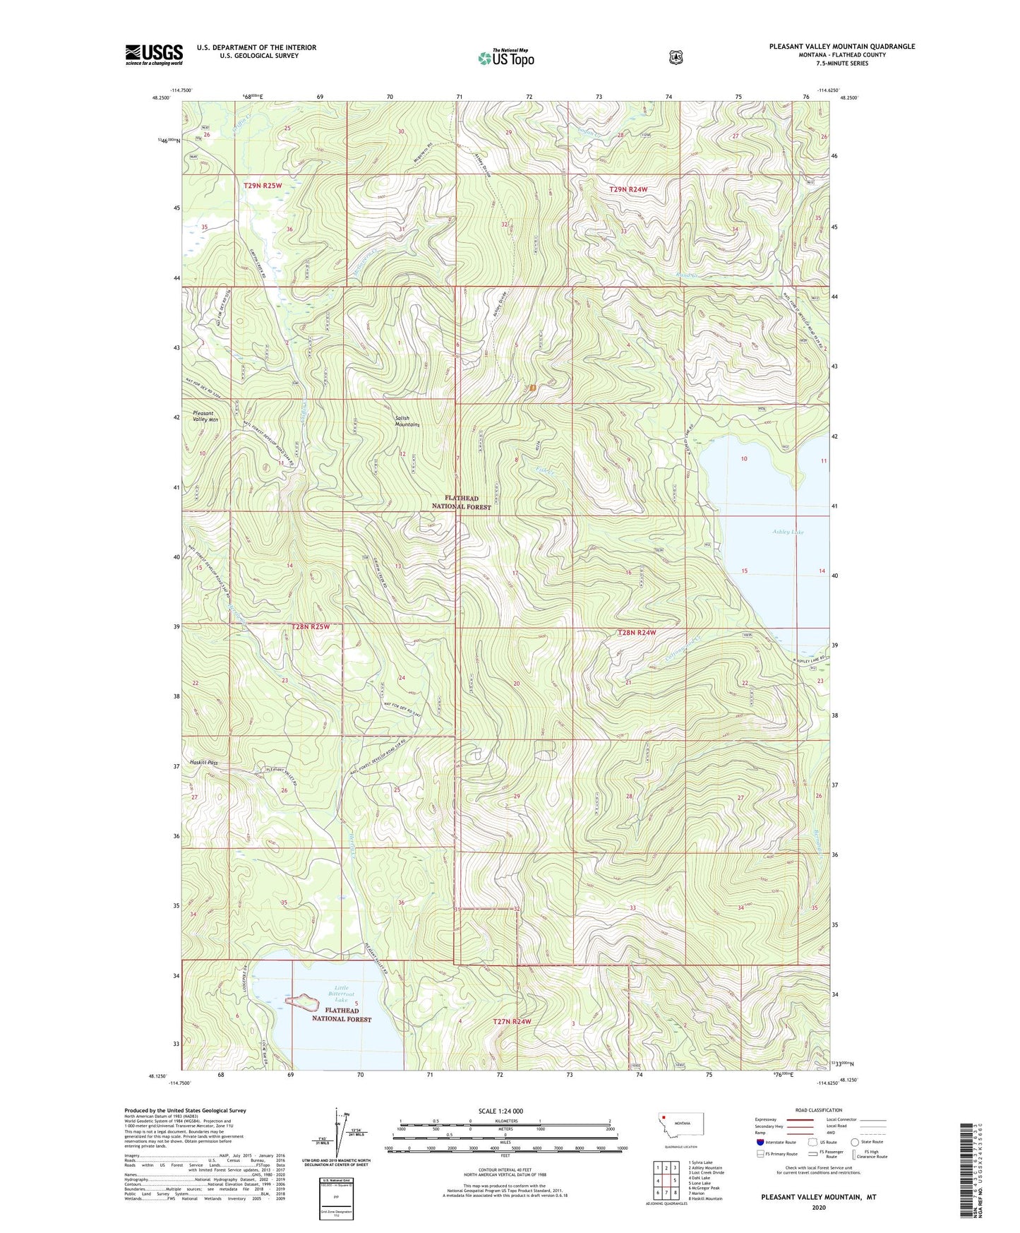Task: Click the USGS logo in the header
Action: point(154,54)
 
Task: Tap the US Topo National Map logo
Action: point(505,57)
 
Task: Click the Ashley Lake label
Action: point(788,532)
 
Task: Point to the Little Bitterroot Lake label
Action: point(341,994)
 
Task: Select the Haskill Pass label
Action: point(203,763)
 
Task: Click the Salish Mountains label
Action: point(407,421)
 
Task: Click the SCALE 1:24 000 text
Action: point(500,1111)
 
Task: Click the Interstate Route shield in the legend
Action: point(760,1142)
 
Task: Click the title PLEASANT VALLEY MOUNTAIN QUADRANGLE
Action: point(841,47)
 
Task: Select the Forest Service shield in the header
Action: point(676,57)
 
